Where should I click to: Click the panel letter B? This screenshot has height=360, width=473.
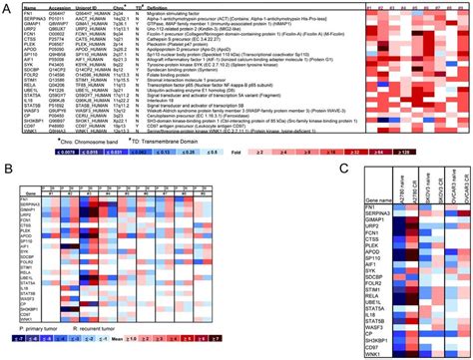click(6, 171)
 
